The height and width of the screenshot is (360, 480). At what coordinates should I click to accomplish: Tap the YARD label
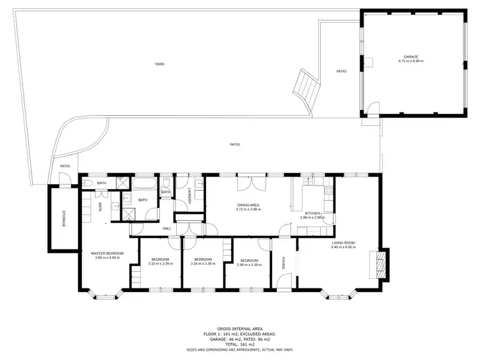click(159, 64)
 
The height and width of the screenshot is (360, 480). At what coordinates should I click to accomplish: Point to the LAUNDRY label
click(189, 198)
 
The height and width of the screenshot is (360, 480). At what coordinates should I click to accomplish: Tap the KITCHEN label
click(312, 213)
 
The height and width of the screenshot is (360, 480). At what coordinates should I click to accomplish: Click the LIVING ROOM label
click(343, 242)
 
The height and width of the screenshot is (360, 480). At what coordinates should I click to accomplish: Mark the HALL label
click(167, 228)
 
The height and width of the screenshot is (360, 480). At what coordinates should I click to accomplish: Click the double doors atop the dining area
click(246, 184)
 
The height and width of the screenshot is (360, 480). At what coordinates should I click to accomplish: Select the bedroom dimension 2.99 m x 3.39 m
click(249, 264)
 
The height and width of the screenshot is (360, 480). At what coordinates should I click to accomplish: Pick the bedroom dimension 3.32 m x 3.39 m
click(160, 264)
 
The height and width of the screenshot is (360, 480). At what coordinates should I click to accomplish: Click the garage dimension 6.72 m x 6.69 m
click(410, 61)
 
